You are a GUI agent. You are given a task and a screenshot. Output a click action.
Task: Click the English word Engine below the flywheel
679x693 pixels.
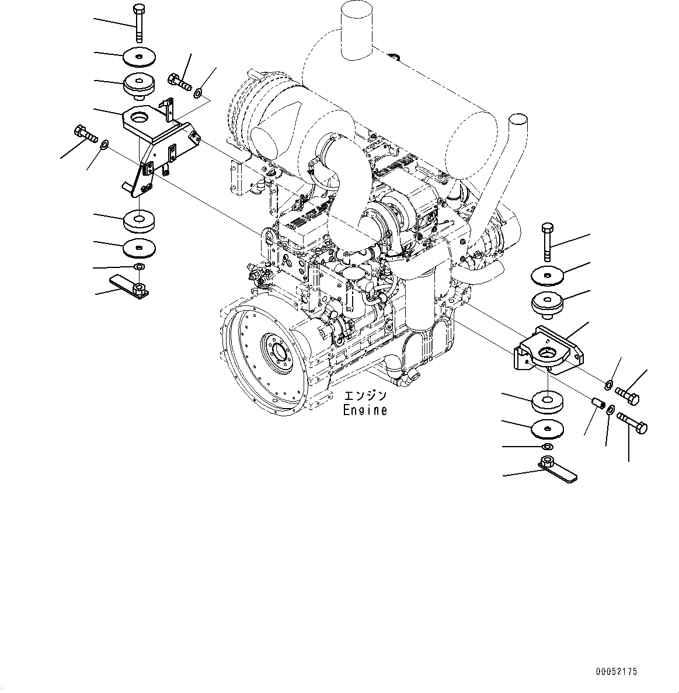(365, 410)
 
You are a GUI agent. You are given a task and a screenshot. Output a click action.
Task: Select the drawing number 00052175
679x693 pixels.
(617, 672)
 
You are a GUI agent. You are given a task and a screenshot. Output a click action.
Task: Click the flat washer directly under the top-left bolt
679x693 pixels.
(139, 57)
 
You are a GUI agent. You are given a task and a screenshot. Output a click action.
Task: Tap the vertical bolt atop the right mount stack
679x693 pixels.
(546, 242)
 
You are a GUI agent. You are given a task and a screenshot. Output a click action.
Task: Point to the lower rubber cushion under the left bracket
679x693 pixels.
(139, 221)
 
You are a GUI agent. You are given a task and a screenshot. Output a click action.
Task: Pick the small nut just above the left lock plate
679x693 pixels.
(139, 267)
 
